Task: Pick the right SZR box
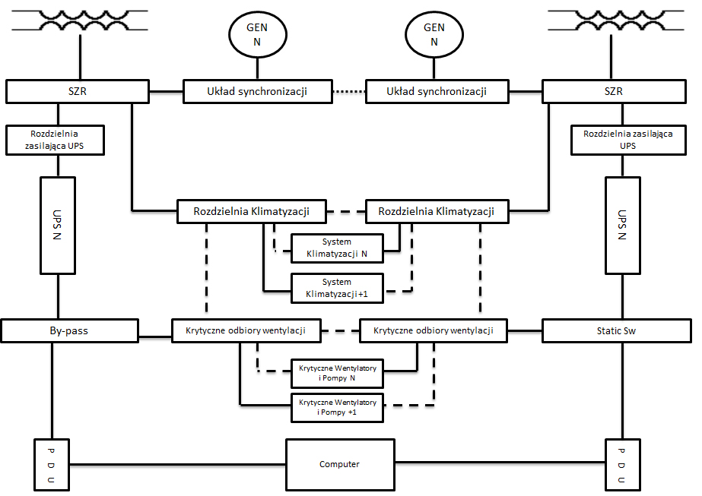612,92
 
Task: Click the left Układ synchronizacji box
256,92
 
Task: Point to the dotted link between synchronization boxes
348,92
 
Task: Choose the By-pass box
70,330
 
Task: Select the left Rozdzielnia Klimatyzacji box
251,212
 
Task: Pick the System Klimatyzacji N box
337,248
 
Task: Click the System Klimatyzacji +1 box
337,287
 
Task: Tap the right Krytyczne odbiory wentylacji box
431,330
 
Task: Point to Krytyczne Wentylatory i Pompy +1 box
337,407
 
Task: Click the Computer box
339,464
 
